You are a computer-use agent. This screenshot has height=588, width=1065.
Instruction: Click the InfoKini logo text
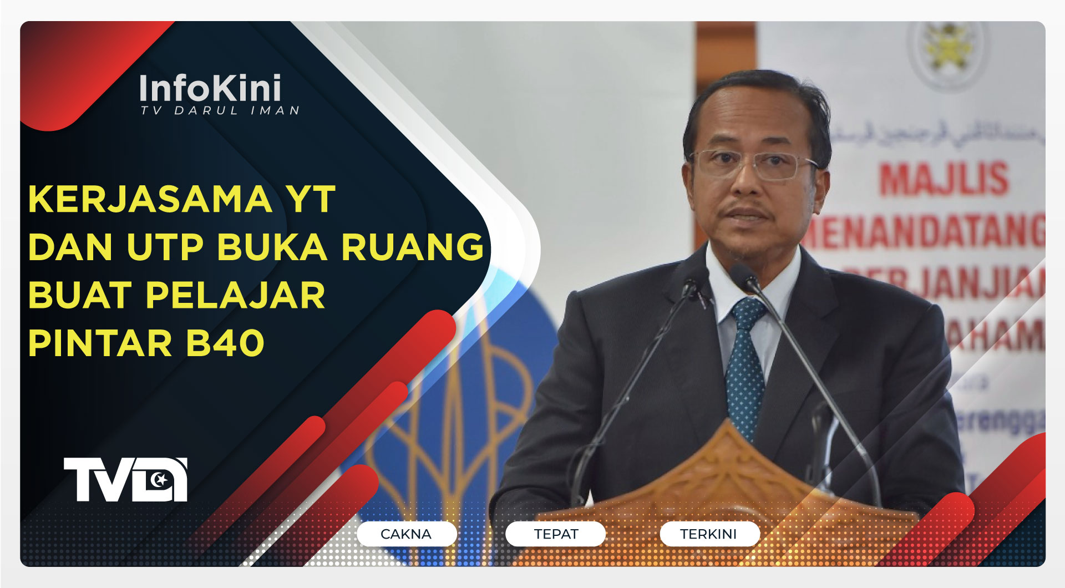click(x=210, y=88)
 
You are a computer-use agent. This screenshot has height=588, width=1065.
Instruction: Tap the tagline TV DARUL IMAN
click(x=220, y=111)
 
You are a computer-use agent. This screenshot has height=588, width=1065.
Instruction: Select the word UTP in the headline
click(x=165, y=247)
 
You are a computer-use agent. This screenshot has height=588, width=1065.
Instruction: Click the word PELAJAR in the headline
click(x=235, y=295)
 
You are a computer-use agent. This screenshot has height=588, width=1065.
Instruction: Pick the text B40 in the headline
click(x=225, y=343)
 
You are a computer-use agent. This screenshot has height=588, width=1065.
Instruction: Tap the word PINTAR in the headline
click(x=100, y=343)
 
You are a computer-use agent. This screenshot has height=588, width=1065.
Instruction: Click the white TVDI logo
click(x=125, y=479)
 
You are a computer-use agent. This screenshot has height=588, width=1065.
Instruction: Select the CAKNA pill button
click(x=406, y=534)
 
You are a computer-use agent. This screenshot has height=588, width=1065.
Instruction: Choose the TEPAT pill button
click(x=556, y=534)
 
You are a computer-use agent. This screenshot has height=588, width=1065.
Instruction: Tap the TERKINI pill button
click(x=708, y=534)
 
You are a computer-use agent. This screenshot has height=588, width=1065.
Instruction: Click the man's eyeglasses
click(x=754, y=164)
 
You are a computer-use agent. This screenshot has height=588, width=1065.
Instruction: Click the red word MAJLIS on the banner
click(x=944, y=179)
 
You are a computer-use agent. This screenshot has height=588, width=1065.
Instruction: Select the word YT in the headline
click(x=310, y=199)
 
